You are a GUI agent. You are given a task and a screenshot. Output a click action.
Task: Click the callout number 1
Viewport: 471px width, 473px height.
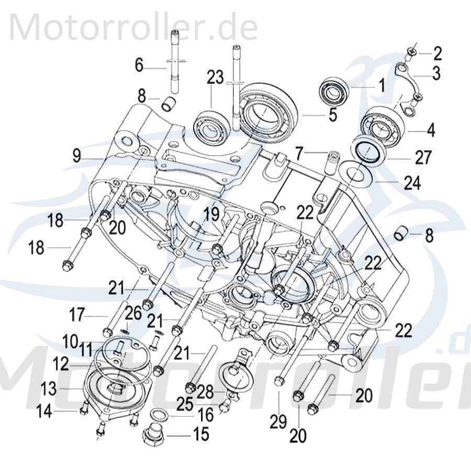coord(382,84)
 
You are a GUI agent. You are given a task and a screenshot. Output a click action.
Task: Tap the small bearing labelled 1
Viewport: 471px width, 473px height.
coord(334,90)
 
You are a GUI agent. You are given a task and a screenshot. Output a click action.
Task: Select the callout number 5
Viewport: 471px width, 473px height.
coord(333,115)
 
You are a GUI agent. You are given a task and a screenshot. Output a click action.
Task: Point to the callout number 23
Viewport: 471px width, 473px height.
coord(214,78)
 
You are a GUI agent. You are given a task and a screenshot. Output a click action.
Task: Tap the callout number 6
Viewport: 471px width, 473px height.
coord(139,65)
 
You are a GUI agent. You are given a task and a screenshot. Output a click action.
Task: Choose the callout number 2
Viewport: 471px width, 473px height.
coord(438,53)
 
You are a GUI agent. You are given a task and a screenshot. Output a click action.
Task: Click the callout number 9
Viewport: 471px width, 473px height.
coord(77,156)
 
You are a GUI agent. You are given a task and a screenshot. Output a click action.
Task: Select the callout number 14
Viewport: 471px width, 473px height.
coord(44,412)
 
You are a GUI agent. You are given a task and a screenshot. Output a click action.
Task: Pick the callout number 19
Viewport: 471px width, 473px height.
coord(211,213)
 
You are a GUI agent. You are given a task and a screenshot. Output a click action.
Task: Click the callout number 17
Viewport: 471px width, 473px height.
coord(76,316)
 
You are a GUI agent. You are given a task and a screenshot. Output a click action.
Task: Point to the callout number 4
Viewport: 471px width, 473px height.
coord(431,129)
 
